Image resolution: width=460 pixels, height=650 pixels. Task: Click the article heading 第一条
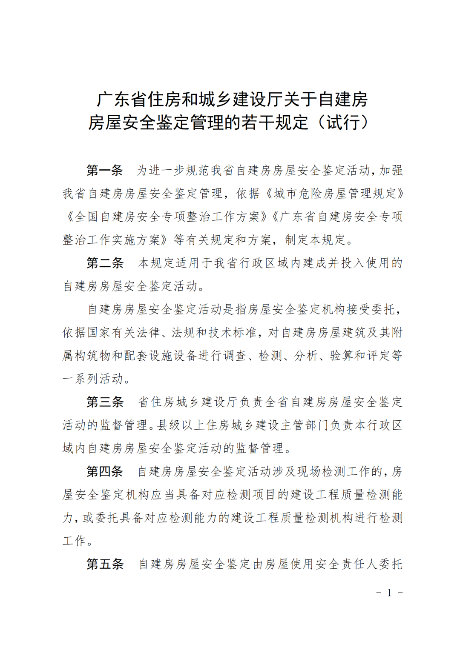click(x=105, y=171)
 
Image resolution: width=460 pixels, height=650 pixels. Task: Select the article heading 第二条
click(x=105, y=263)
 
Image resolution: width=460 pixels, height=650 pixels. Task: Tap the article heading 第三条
click(x=105, y=402)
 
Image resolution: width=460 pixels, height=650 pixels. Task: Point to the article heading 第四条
click(x=105, y=471)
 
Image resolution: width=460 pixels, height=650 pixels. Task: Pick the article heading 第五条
click(x=105, y=564)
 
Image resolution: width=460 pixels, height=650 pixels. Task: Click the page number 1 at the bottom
click(x=389, y=593)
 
